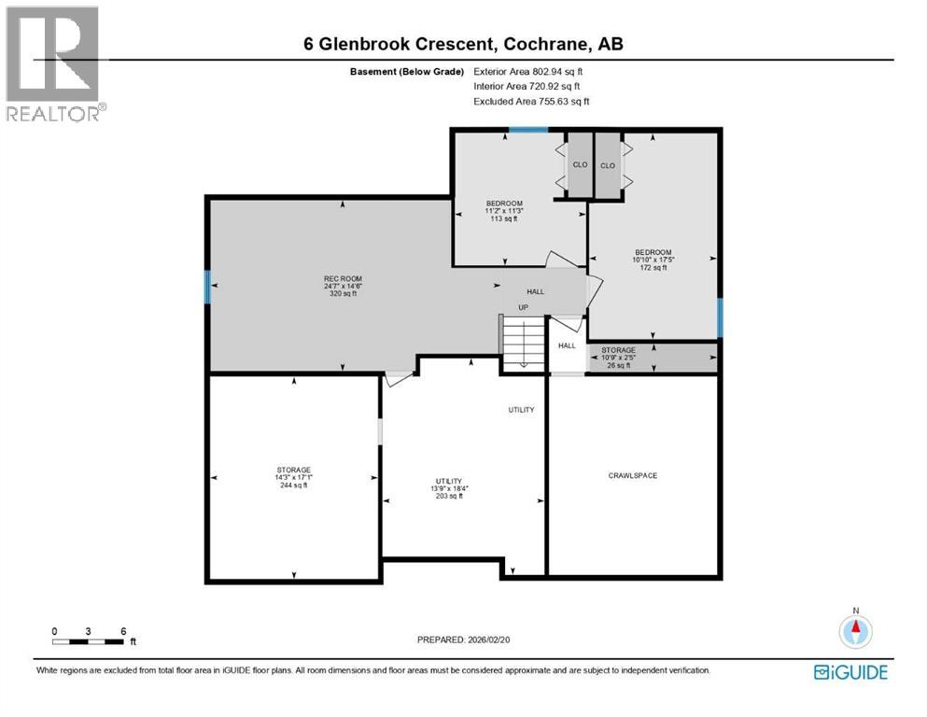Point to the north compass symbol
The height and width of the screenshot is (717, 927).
pyautogui.click(x=854, y=630)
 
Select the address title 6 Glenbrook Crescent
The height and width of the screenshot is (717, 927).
pyautogui.click(x=463, y=44)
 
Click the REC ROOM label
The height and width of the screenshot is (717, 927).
pyautogui.click(x=343, y=286)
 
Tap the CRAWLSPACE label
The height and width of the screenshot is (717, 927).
pyautogui.click(x=633, y=476)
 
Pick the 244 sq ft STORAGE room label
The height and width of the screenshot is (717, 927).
pyautogui.click(x=293, y=477)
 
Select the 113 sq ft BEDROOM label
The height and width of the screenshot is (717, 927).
pyautogui.click(x=504, y=211)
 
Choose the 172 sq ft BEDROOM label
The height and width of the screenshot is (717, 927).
pyautogui.click(x=653, y=260)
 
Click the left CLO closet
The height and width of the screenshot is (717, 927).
pyautogui.click(x=580, y=165)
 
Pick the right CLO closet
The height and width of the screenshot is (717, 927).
pyautogui.click(x=608, y=165)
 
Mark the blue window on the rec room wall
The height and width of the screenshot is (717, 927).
pyautogui.click(x=207, y=287)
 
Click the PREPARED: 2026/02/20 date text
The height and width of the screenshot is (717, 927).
pyautogui.click(x=463, y=640)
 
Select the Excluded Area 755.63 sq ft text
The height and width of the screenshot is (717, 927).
pyautogui.click(x=531, y=101)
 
